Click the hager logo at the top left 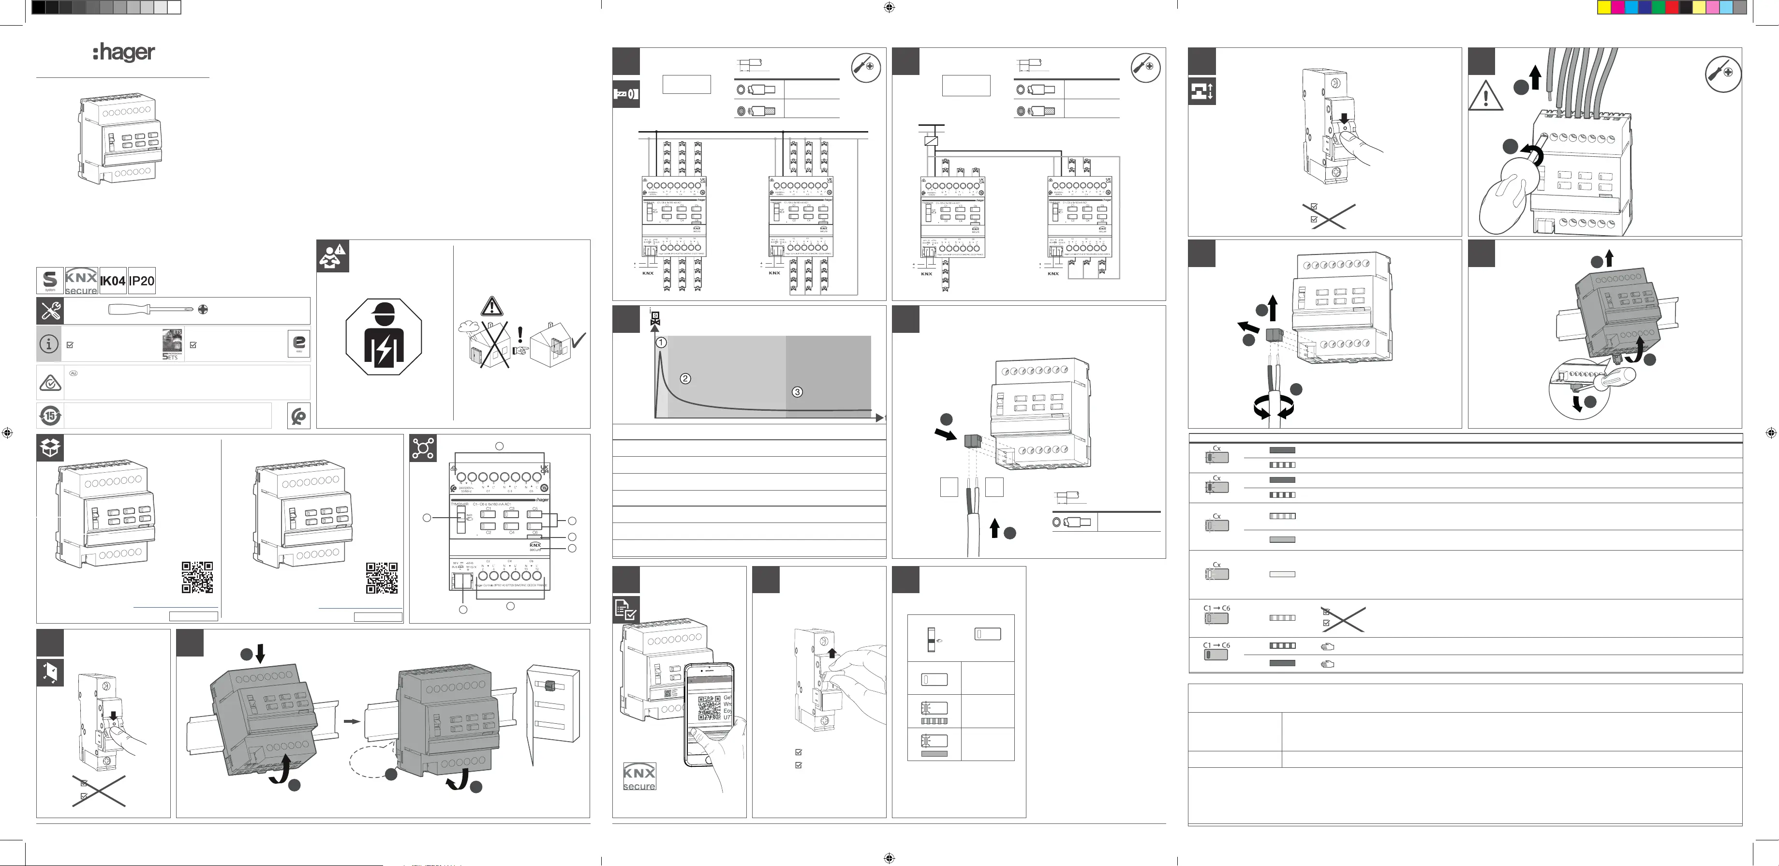point(124,52)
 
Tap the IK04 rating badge point(113,281)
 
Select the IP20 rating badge point(142,281)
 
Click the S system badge point(50,281)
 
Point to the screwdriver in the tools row point(152,309)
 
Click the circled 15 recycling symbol point(50,416)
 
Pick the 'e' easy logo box point(299,343)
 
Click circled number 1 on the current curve point(661,343)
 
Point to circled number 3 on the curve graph point(797,391)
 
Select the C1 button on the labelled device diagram point(488,514)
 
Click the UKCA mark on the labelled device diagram point(544,469)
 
